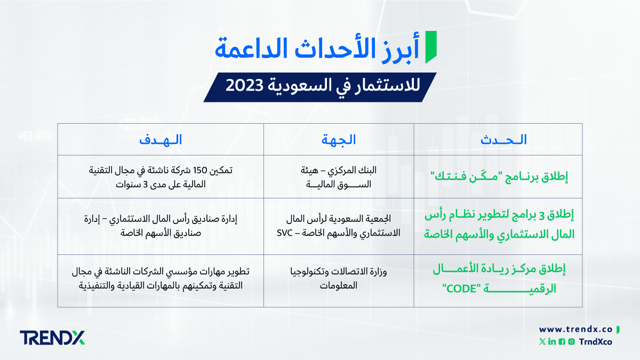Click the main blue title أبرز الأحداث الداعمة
tap(317, 49)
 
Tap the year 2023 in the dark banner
tap(244, 85)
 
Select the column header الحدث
tap(503, 140)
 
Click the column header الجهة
tap(339, 140)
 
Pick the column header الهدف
tap(161, 140)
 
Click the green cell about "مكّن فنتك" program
tap(499, 177)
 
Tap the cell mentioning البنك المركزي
tap(339, 177)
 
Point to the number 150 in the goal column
tap(200, 170)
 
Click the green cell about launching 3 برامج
tap(499, 225)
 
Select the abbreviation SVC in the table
tap(285, 233)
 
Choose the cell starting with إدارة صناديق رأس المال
tap(161, 226)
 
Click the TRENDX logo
tap(52, 338)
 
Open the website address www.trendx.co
tap(575, 330)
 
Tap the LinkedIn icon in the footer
tap(552, 342)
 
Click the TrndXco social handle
tap(595, 342)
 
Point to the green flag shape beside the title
tap(431, 47)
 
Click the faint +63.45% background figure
tap(36, 136)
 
